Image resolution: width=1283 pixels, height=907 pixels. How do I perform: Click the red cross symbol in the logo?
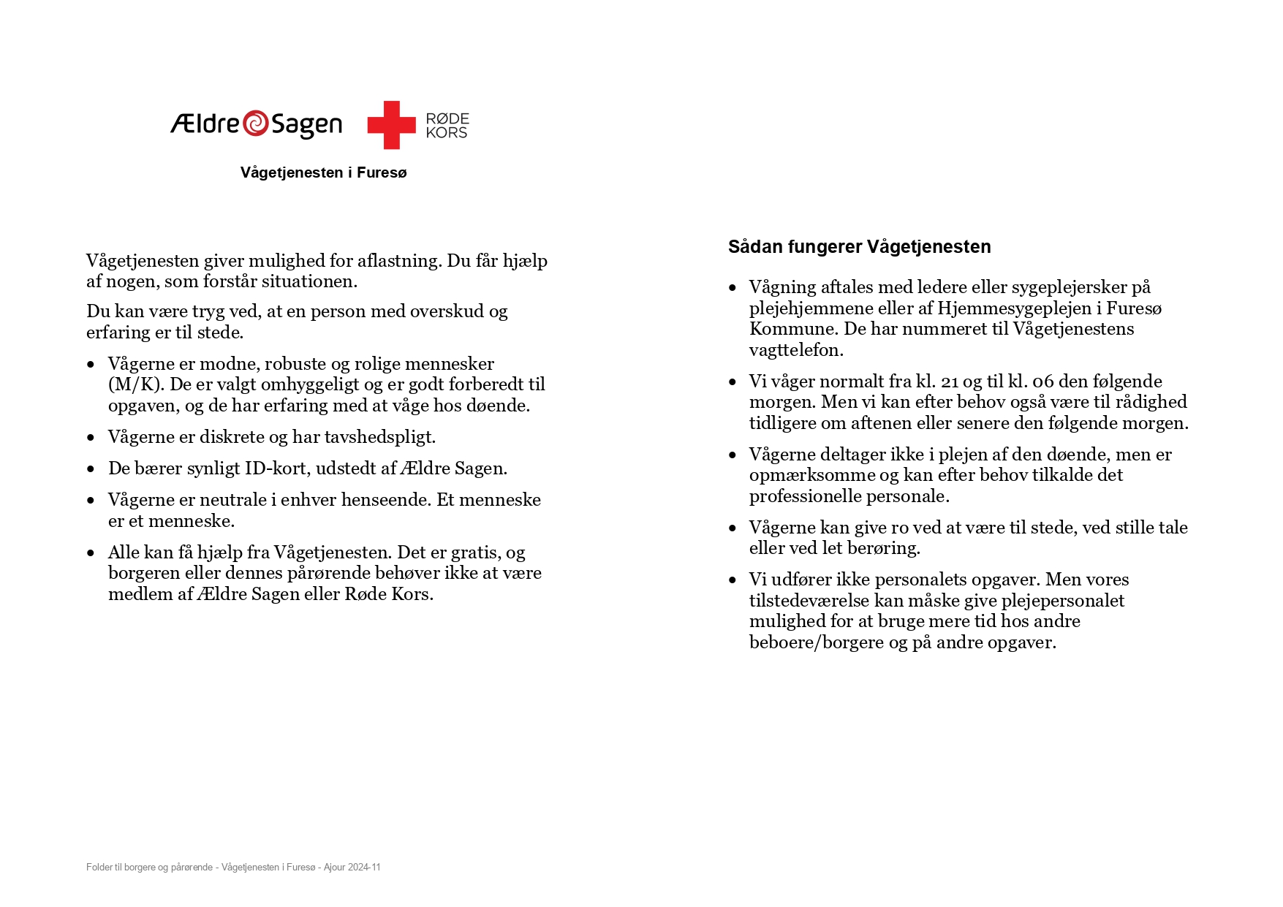[x=391, y=125]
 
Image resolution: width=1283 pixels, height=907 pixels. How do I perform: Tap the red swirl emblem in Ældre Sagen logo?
[x=255, y=124]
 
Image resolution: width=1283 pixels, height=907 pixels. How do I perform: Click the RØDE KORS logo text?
[x=447, y=126]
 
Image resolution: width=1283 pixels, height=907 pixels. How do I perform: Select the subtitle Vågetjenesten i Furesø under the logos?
[x=323, y=172]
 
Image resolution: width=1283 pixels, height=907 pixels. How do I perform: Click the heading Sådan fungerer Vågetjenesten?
[x=859, y=247]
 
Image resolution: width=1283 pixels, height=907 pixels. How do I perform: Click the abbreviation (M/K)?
[x=135, y=384]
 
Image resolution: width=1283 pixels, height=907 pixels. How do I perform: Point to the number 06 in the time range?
[x=1042, y=382]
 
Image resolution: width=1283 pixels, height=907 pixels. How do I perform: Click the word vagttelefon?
[x=796, y=350]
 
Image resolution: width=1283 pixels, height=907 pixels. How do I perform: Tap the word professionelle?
[x=811, y=496]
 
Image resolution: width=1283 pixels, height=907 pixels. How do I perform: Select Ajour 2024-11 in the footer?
[x=352, y=868]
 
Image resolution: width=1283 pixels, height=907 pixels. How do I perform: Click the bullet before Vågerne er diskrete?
[x=91, y=438]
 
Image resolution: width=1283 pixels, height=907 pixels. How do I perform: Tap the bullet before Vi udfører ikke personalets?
[x=733, y=580]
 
